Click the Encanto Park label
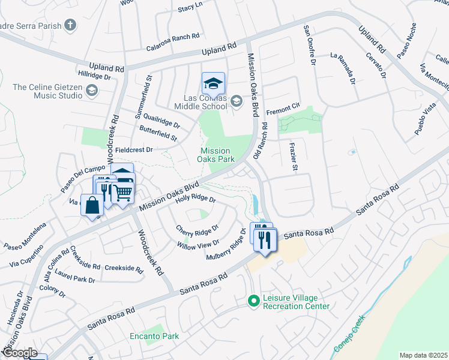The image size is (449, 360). click(x=154, y=336)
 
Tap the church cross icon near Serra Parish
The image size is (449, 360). click(x=71, y=25)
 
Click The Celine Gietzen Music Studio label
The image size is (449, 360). click(x=47, y=91)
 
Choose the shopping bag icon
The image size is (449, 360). click(x=92, y=205)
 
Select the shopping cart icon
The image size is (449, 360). click(x=122, y=192)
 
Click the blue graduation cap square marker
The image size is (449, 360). click(x=212, y=83)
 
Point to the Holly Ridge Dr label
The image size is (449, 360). click(x=195, y=199)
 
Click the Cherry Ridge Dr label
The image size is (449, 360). click(x=197, y=229)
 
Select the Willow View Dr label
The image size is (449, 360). click(x=198, y=245)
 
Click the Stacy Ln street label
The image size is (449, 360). click(x=190, y=8)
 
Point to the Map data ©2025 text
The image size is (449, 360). click(x=424, y=355)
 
